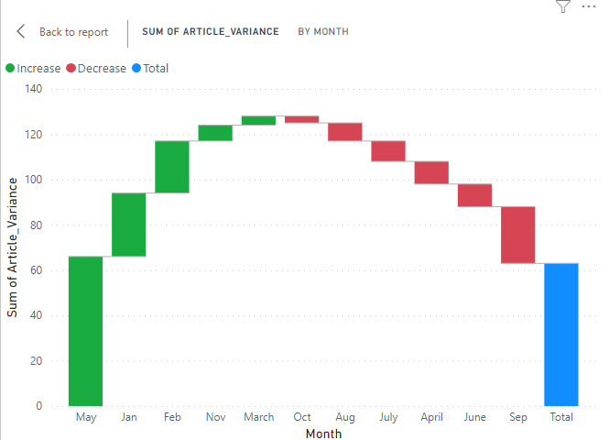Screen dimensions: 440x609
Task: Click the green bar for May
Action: click(85, 331)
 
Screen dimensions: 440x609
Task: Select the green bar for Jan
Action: click(128, 225)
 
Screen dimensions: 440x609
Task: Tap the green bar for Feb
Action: click(172, 167)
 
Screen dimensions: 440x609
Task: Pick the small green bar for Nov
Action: click(215, 133)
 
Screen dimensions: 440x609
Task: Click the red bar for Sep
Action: click(518, 235)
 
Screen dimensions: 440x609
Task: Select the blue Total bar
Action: click(561, 335)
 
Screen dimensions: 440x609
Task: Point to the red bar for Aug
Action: click(345, 131)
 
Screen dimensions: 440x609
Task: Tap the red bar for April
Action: click(431, 172)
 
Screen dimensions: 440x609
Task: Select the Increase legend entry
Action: click(33, 68)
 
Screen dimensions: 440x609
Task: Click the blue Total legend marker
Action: click(137, 68)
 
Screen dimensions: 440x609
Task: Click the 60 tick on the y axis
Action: click(37, 270)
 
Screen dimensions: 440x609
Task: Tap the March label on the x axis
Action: click(259, 417)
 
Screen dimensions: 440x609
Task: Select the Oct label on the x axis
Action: click(302, 417)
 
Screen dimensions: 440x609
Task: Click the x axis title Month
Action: click(323, 433)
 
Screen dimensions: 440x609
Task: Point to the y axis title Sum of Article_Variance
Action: click(13, 248)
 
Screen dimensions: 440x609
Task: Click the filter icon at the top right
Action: click(562, 6)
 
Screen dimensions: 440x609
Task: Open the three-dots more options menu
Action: click(588, 6)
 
